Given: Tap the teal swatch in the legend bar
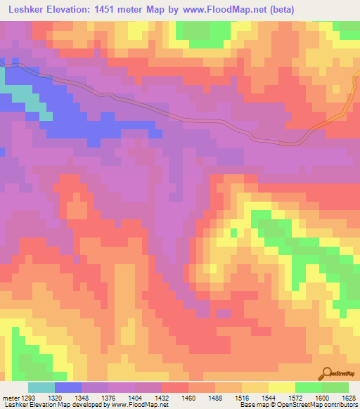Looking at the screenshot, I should pos(41,387).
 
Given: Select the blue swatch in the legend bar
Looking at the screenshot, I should pos(68,387).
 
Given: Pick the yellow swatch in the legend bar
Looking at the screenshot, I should pos(282,387).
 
